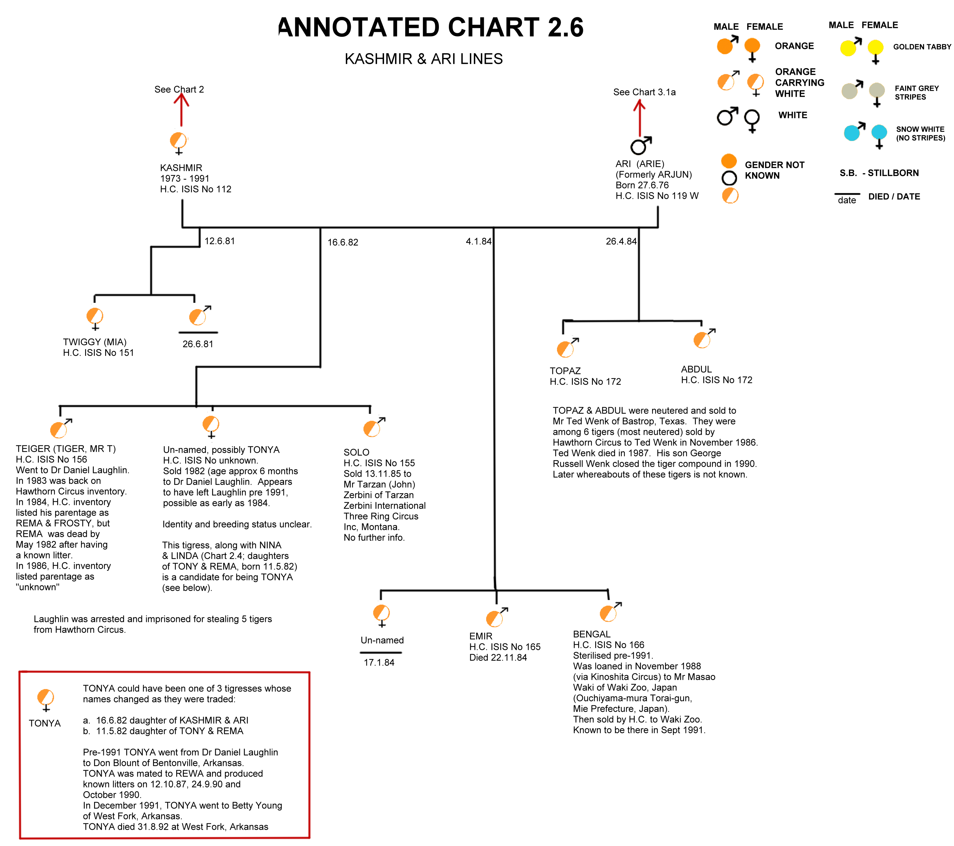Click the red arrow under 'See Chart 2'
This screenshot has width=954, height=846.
click(181, 110)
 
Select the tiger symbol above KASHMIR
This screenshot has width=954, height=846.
click(178, 143)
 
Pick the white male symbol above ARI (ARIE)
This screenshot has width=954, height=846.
click(641, 146)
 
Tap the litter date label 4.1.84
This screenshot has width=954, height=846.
click(478, 241)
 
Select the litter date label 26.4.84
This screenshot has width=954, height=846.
click(621, 241)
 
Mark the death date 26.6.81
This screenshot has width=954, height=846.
click(198, 344)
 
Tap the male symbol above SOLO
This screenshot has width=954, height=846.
click(374, 427)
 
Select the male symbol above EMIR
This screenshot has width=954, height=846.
click(496, 617)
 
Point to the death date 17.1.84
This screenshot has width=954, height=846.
click(379, 662)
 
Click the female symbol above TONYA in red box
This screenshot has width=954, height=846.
click(46, 700)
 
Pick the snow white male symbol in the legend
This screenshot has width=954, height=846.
click(855, 132)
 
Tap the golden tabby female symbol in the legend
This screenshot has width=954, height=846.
click(876, 51)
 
